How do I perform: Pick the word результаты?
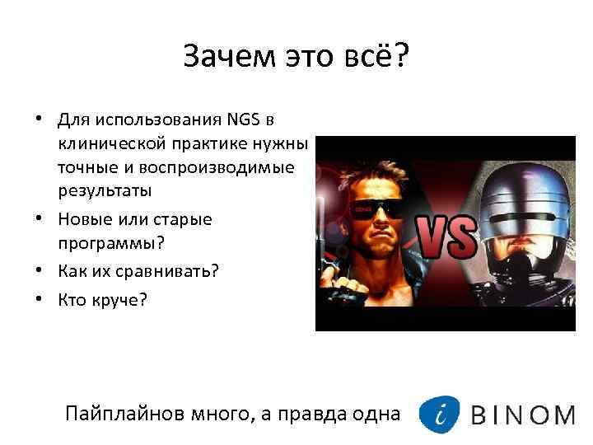click(105, 190)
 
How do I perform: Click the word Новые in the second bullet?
click(82, 220)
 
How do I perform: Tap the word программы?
click(109, 243)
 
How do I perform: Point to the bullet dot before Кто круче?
click(39, 300)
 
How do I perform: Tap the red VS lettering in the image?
click(446, 237)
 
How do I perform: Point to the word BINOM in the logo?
click(522, 415)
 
